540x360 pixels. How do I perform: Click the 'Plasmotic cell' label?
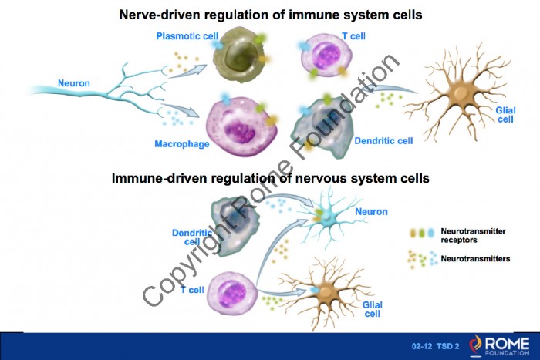pos(187,36)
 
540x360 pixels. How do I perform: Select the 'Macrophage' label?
pos(182,144)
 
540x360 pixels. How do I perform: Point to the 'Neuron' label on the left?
pos(74,83)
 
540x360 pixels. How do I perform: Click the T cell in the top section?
pos(326,55)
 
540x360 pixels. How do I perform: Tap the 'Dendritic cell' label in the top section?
pos(383,141)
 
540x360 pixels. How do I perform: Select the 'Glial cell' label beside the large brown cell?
pos(505,115)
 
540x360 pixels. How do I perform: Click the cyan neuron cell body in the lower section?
pos(327,217)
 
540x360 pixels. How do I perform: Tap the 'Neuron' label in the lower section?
pos(371,211)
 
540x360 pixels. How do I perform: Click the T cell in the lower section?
pos(232,293)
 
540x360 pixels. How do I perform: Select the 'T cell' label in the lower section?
pos(192,290)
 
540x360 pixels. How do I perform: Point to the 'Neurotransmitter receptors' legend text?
pos(473,235)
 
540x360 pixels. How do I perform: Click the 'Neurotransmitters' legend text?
pos(475,258)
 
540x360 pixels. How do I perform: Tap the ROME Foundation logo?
pos(498,346)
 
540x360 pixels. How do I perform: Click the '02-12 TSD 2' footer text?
pos(435,346)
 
